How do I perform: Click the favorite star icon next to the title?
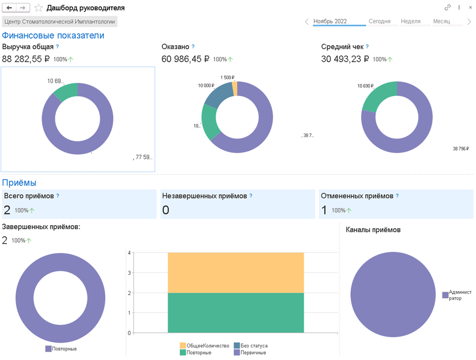click(39, 8)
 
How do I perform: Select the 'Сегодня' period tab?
click(380, 21)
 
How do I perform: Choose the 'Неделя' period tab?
click(411, 21)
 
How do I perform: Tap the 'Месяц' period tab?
click(441, 21)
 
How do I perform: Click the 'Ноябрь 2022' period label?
click(330, 21)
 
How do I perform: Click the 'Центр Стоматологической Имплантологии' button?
click(60, 22)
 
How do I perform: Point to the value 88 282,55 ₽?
click(26, 59)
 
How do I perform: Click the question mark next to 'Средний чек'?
click(367, 47)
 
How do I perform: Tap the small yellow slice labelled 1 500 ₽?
click(235, 88)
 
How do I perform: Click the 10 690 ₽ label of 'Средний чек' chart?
click(365, 86)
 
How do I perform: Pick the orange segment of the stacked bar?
click(236, 272)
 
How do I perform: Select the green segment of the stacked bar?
click(236, 312)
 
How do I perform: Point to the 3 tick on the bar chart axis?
click(129, 273)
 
